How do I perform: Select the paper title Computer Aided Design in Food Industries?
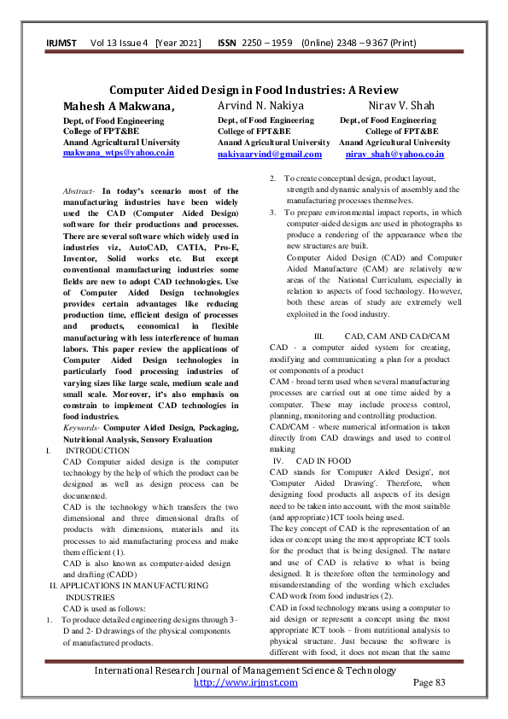[254, 91]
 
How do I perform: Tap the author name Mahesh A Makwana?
[119, 106]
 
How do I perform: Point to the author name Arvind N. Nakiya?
[254, 106]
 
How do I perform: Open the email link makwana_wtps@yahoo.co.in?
[119, 153]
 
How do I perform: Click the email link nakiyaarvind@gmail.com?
[270, 154]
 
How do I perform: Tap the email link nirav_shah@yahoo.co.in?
[394, 154]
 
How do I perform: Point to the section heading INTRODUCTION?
[98, 450]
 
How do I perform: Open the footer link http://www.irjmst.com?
[246, 682]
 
